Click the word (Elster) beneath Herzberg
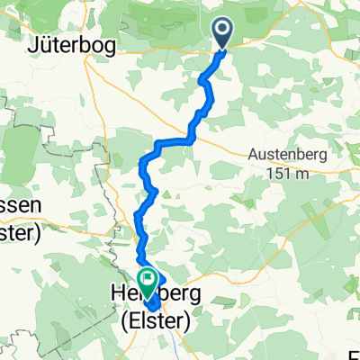click(x=151, y=315)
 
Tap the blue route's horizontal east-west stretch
click(x=174, y=142)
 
